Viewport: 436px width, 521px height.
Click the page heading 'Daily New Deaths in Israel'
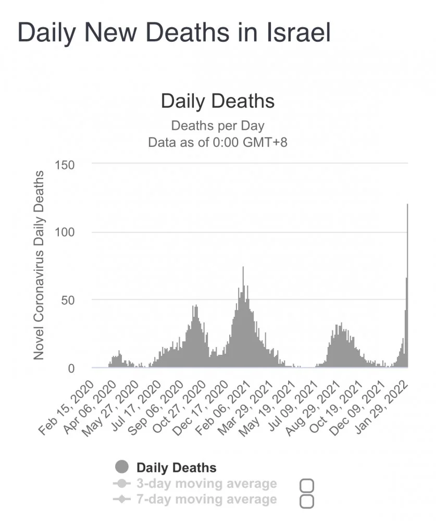tap(174, 32)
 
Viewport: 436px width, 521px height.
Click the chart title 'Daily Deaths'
tap(218, 101)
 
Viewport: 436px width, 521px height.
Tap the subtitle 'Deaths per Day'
tap(218, 126)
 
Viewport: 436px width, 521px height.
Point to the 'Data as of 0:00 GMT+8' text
tap(218, 142)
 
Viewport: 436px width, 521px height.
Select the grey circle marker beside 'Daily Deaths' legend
tap(122, 467)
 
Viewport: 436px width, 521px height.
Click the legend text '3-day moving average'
tap(206, 483)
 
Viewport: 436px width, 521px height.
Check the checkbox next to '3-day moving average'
tap(307, 486)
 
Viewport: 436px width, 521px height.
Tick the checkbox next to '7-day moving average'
tap(307, 501)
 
